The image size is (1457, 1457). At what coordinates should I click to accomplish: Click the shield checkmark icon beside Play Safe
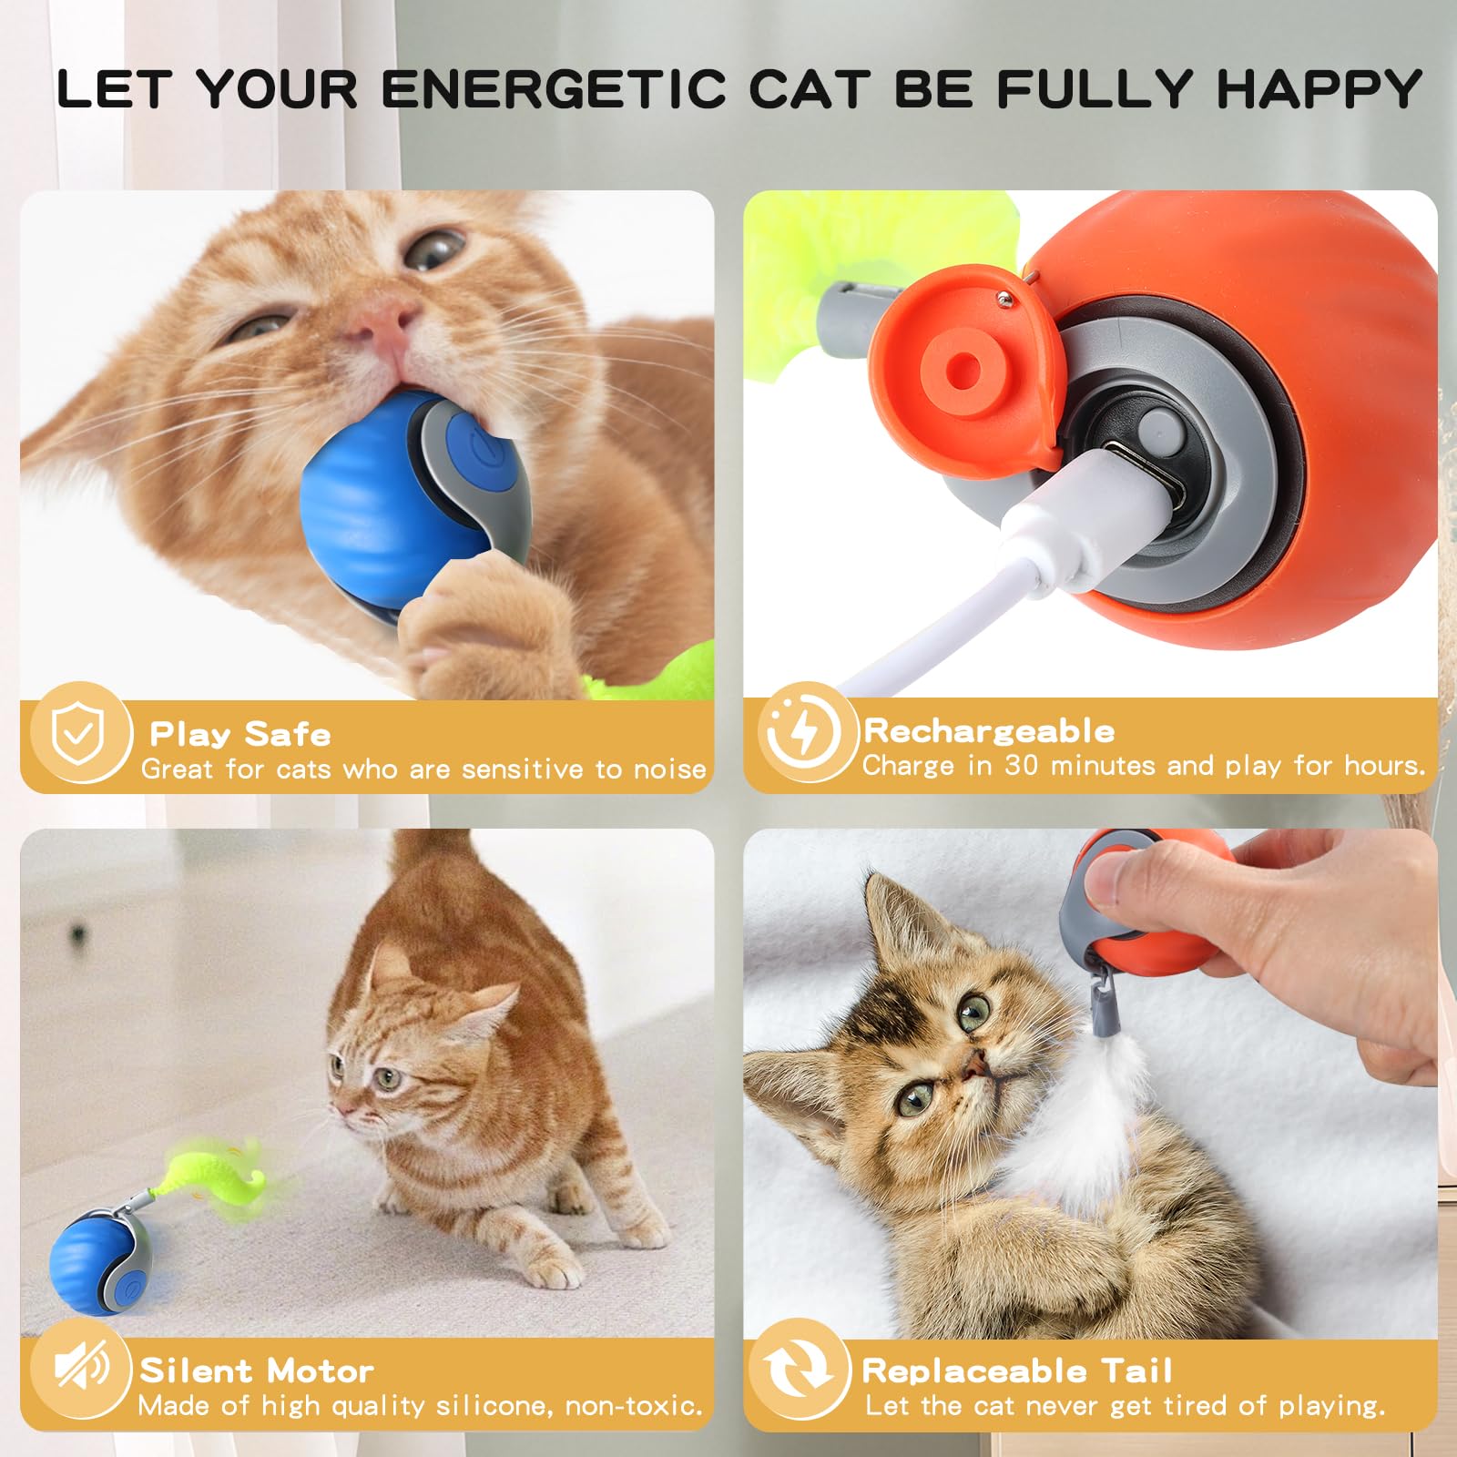[78, 734]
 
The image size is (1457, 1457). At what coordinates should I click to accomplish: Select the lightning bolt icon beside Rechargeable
[803, 732]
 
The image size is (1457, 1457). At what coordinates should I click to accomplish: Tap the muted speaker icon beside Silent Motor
[80, 1368]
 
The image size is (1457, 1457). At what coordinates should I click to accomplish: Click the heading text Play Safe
[240, 734]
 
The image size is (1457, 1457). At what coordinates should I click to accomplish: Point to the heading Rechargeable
[989, 730]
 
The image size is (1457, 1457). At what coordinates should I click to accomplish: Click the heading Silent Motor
[257, 1370]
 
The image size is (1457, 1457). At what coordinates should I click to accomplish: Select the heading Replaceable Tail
[1017, 1370]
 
